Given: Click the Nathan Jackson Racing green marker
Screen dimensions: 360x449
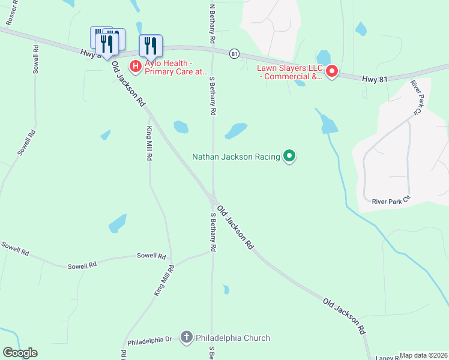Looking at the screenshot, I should pyautogui.click(x=289, y=157).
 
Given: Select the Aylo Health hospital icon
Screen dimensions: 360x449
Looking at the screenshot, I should pyautogui.click(x=136, y=65).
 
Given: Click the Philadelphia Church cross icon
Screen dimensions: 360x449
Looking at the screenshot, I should pyautogui.click(x=187, y=338).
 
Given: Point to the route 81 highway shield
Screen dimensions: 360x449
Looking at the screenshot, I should pyautogui.click(x=234, y=53).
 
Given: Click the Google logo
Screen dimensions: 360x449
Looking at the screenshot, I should pyautogui.click(x=20, y=353).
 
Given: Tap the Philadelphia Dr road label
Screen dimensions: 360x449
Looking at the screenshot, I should pyautogui.click(x=149, y=340).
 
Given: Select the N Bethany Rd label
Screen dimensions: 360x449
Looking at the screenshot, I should pyautogui.click(x=212, y=23).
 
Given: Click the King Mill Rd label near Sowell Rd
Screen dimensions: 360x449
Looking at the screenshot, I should pyautogui.click(x=163, y=280).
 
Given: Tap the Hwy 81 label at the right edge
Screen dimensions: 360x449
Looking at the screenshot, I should pyautogui.click(x=374, y=78).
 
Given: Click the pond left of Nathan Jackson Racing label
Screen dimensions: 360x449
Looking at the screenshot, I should pyautogui.click(x=235, y=130).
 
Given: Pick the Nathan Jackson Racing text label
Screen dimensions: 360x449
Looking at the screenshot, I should pyautogui.click(x=236, y=157).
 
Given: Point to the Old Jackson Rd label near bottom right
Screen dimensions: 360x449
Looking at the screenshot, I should pyautogui.click(x=344, y=316).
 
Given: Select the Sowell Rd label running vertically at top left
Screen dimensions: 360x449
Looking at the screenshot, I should pyautogui.click(x=35, y=59).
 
